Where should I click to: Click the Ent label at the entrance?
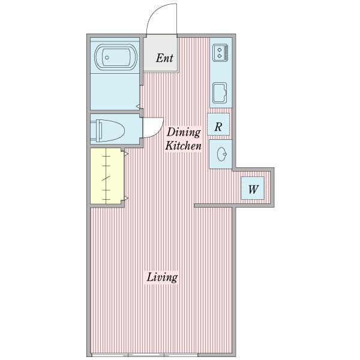click(x=164, y=58)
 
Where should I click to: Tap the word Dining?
click(x=184, y=133)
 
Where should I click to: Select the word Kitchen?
click(x=183, y=146)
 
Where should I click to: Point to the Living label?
click(x=162, y=277)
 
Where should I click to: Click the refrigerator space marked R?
click(x=218, y=124)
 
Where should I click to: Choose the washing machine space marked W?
click(x=253, y=188)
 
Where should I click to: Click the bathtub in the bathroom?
click(x=116, y=58)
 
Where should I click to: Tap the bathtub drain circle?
click(x=107, y=58)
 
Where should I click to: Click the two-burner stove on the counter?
click(x=220, y=53)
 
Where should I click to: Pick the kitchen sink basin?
click(x=220, y=93)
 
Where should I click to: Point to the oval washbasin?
click(x=221, y=154)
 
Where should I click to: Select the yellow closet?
click(x=106, y=176)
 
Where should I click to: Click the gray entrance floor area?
click(x=161, y=54)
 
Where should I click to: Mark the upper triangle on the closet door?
click(x=126, y=154)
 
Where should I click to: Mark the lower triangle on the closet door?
click(x=126, y=198)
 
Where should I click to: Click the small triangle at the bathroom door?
click(x=138, y=106)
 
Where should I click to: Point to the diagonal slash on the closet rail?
click(x=106, y=178)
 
